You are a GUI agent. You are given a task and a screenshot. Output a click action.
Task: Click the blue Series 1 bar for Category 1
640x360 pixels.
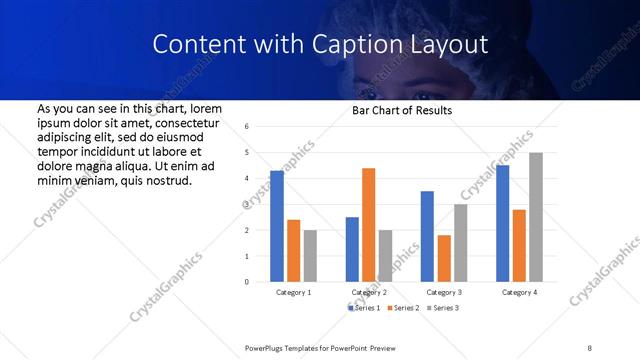coord(277,226)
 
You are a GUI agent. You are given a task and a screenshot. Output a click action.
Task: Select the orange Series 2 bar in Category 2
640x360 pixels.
coord(368,225)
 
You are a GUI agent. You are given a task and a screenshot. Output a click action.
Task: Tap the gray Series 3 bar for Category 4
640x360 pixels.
coord(536,217)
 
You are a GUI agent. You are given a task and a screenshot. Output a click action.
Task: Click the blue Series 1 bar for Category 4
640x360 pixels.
coord(503,223)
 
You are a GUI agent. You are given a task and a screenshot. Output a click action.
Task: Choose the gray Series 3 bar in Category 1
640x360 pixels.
coord(310,256)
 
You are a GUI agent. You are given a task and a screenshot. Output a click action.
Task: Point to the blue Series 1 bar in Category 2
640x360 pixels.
coord(352,249)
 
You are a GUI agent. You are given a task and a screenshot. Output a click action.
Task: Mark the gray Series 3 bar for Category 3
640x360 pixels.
coord(460,243)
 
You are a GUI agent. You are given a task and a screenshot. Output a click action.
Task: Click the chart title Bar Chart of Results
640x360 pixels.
coord(403,110)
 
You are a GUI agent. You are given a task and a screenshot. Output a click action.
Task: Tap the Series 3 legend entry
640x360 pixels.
coord(444,308)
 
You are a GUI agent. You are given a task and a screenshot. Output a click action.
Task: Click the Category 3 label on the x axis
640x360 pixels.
coord(444,292)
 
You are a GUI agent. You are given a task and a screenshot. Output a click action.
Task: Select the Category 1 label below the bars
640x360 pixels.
coord(293,292)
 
